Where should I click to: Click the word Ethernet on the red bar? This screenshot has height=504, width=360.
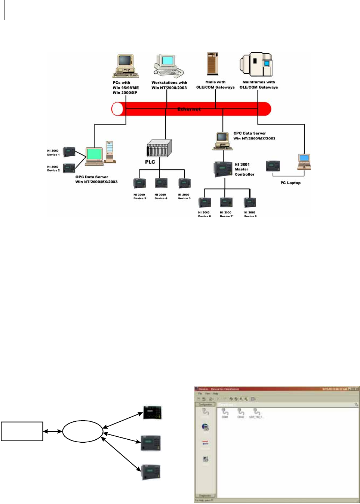point(189,109)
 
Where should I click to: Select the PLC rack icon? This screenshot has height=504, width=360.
point(159,148)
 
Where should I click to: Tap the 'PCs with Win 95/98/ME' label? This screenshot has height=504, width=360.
point(126,87)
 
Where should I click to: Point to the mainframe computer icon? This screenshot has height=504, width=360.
point(256,64)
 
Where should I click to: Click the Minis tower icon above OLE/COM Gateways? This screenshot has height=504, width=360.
point(213,64)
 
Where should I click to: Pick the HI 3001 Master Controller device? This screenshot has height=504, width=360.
point(223,169)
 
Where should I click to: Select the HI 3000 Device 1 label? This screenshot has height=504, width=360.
point(53,153)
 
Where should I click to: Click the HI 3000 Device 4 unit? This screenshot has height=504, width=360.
point(161,183)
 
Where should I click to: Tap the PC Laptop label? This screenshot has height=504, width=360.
point(290,183)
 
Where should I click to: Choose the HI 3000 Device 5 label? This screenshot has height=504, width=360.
point(184,196)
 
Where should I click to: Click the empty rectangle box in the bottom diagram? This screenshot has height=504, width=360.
point(22,431)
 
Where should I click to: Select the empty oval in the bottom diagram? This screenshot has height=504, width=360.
point(83,431)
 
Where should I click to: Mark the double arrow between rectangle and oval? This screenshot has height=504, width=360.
point(53,431)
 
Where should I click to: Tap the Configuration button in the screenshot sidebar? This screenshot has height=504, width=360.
point(205,405)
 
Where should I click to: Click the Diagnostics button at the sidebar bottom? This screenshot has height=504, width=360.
point(205,495)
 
